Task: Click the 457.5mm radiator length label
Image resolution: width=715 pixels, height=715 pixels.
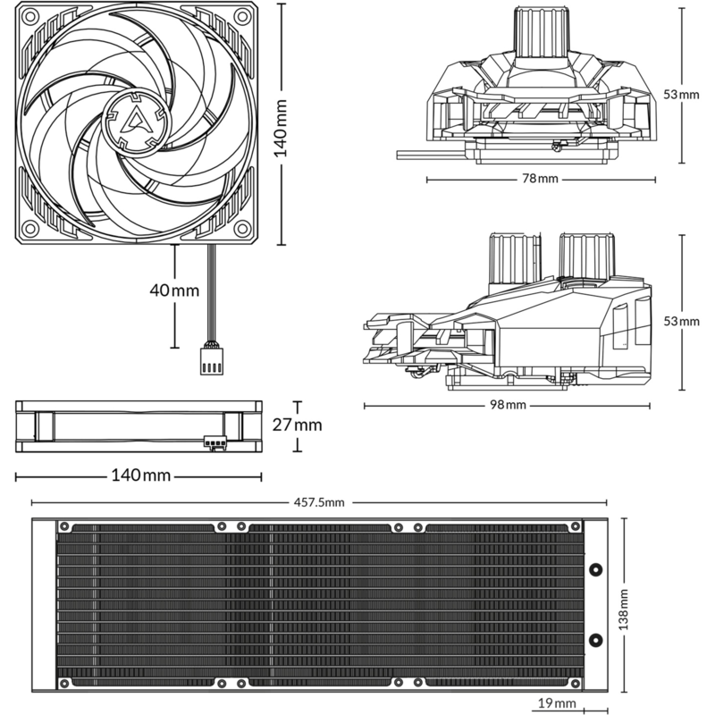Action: (x=319, y=502)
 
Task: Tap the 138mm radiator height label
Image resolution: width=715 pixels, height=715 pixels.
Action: (x=623, y=610)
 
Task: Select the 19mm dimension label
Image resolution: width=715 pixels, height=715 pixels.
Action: (x=557, y=703)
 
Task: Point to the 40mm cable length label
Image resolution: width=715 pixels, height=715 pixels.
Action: (x=174, y=290)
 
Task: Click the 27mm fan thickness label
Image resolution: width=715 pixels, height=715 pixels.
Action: (x=298, y=425)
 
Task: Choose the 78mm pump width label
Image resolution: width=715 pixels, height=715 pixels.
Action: (x=541, y=178)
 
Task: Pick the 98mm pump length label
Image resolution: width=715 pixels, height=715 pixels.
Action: (x=508, y=405)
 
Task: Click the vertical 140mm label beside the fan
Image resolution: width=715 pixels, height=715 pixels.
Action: (x=281, y=128)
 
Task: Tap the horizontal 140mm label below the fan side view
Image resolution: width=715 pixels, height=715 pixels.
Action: (x=141, y=475)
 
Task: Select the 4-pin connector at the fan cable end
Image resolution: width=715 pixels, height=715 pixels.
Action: (x=212, y=362)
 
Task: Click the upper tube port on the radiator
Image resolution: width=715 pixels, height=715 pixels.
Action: (x=595, y=569)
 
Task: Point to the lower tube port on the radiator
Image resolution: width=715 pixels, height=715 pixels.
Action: (x=595, y=640)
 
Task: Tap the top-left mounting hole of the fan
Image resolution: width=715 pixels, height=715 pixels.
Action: (x=30, y=17)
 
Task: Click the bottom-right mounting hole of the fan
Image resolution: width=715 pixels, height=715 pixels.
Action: (x=241, y=228)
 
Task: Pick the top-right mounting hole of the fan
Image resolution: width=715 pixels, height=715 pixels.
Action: (x=241, y=17)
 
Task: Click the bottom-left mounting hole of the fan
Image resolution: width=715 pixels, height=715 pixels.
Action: (x=30, y=228)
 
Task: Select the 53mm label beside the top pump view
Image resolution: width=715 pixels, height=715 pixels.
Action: (x=681, y=95)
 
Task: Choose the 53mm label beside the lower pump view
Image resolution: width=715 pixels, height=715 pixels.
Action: (x=681, y=322)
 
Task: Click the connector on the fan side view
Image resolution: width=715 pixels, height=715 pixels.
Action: (x=215, y=442)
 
